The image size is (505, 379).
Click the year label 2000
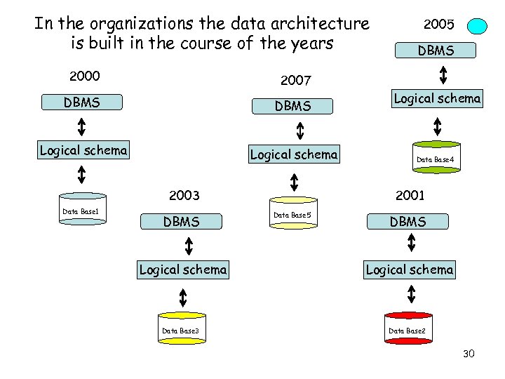[84, 76]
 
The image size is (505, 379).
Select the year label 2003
[184, 195]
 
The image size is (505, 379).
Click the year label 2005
[440, 24]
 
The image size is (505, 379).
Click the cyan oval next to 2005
[478, 27]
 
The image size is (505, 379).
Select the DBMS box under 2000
[82, 102]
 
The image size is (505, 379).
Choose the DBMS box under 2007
[293, 107]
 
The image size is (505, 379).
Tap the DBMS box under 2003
[182, 222]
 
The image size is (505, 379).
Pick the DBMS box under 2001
[408, 222]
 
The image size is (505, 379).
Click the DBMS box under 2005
[436, 51]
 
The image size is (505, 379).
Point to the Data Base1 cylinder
[82, 210]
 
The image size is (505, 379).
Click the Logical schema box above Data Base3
[183, 269]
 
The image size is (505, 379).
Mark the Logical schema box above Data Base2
[410, 270]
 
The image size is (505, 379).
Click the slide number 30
[469, 354]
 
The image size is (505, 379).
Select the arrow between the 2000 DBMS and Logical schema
[82, 126]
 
